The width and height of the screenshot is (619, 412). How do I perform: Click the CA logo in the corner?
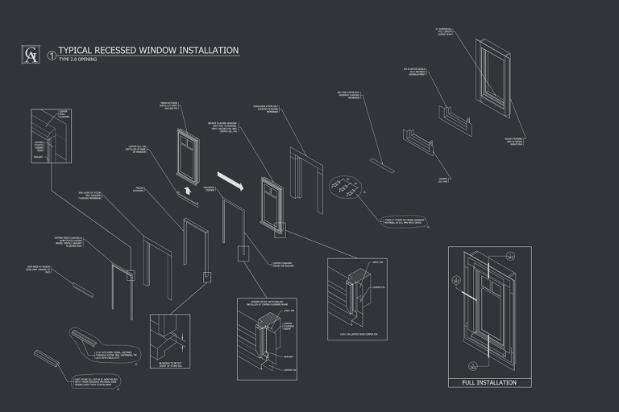pos(30,55)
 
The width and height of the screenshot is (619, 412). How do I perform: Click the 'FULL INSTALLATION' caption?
pos(488,382)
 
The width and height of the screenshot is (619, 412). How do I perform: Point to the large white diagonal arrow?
pos(230,179)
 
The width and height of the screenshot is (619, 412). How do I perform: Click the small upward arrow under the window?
pos(187,191)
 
